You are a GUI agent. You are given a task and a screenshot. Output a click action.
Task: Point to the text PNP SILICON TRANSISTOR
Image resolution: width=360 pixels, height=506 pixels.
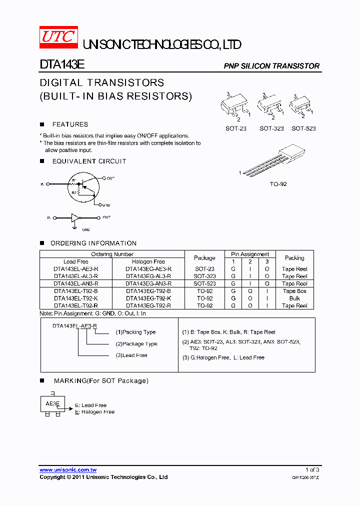271,66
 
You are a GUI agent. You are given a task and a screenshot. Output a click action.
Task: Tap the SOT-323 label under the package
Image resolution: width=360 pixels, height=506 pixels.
271,128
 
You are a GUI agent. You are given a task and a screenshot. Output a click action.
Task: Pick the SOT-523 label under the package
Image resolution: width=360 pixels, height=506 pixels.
303,128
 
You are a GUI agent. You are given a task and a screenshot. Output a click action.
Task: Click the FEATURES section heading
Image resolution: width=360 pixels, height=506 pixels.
70,124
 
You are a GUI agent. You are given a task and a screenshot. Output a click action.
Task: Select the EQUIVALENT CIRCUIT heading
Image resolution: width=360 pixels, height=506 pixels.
89,161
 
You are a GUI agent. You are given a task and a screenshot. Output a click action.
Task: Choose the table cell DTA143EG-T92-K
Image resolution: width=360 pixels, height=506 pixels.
148,298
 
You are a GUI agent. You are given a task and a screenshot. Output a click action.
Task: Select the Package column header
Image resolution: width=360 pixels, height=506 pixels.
204,258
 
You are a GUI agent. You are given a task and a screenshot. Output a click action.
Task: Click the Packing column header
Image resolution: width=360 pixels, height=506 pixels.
294,258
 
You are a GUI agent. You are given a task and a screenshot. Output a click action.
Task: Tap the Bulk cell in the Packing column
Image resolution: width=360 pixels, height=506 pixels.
294,298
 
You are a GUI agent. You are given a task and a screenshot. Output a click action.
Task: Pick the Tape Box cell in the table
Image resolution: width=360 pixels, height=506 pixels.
294,291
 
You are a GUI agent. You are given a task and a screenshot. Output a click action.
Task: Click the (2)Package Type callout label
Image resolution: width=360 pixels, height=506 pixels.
136,344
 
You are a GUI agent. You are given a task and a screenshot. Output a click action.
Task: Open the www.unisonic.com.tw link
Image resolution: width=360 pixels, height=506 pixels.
68,470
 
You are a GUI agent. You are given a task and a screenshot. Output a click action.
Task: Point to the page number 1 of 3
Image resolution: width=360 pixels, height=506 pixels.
312,469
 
